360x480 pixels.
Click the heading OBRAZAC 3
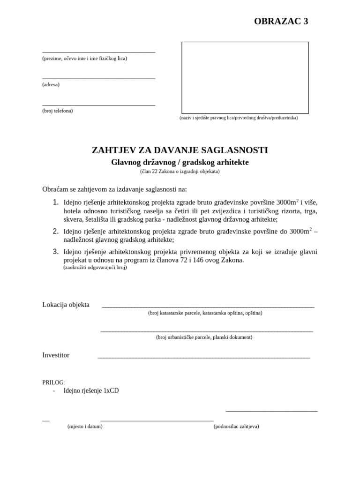point(281,22)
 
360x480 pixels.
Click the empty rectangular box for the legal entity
point(245,78)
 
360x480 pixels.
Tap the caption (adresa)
point(51,85)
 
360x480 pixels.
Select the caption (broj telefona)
point(57,111)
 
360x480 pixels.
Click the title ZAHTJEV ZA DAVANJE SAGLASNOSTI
point(180,150)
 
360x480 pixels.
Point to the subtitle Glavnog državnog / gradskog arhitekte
point(180,163)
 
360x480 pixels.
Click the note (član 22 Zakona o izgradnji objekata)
point(180,172)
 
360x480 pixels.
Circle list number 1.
point(56,202)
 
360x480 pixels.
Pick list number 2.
point(56,231)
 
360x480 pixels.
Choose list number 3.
point(56,252)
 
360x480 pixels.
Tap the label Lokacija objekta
point(66,305)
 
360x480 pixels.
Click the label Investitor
point(56,355)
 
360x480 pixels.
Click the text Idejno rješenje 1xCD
point(91,390)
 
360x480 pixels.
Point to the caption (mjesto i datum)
point(85,427)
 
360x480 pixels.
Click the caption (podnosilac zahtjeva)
point(236,427)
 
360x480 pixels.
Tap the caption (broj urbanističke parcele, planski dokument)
point(204,337)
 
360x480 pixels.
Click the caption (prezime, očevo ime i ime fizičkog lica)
point(84,59)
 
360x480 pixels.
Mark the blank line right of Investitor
point(203,357)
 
